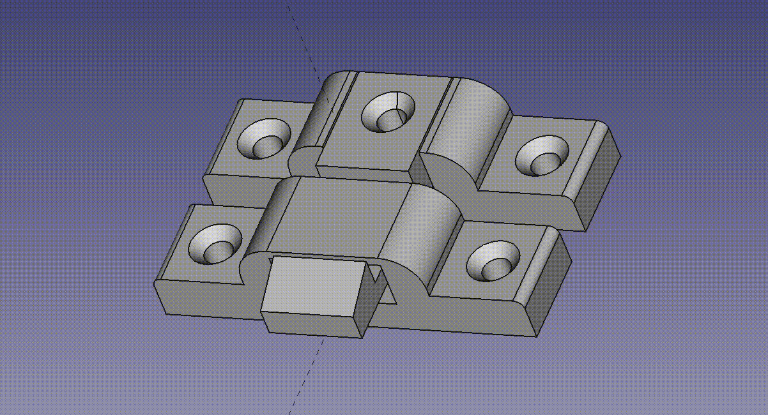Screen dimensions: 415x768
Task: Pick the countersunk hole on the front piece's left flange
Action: [217, 245]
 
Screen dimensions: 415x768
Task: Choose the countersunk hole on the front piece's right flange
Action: [492, 261]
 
